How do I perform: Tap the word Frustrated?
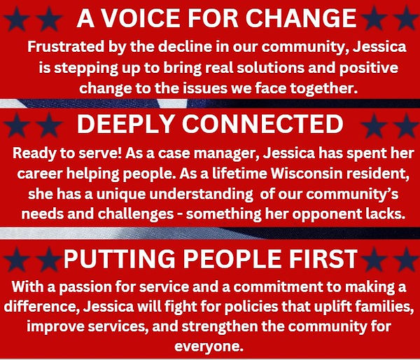(66, 47)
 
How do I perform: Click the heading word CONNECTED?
(262, 124)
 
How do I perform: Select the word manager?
(226, 153)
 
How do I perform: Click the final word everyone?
(209, 347)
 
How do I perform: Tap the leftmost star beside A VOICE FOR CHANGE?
(16, 19)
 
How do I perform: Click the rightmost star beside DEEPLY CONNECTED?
(407, 125)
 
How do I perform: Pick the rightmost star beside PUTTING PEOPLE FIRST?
(407, 259)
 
